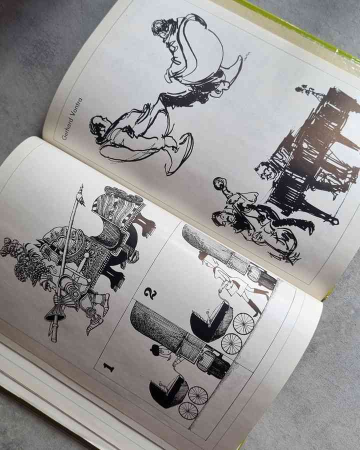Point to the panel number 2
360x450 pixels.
coord(150,293)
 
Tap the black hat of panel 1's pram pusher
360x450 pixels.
coord(155,350)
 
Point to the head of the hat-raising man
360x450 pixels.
coord(221,217)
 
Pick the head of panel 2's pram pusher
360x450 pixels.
coord(203,255)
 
